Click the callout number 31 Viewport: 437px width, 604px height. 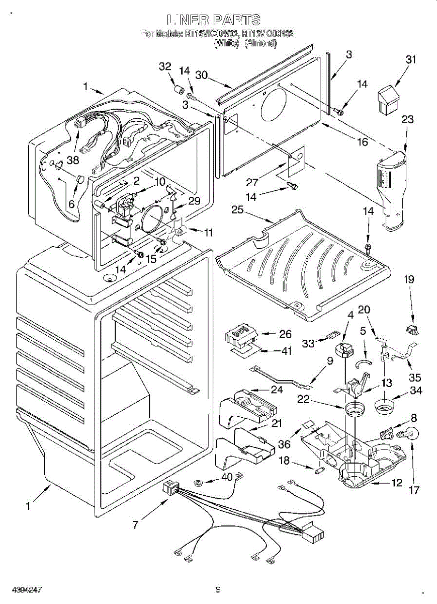coord(411,59)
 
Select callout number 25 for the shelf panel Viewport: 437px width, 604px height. coord(237,210)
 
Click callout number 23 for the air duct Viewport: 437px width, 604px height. coord(407,119)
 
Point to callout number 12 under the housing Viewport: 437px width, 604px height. coord(397,483)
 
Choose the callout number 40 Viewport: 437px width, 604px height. coord(227,477)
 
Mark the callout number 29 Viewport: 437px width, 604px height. coord(194,200)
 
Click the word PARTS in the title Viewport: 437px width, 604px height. coord(236,20)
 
